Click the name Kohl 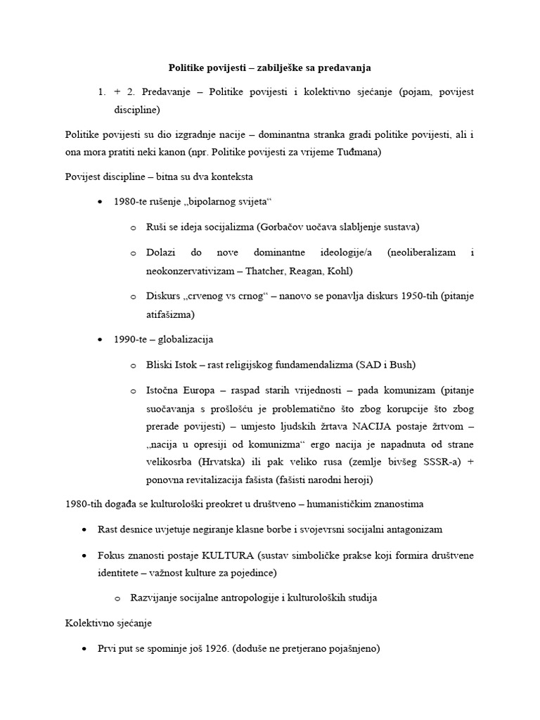point(339,271)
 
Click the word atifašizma point(169,314)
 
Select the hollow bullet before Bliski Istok point(134,365)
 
